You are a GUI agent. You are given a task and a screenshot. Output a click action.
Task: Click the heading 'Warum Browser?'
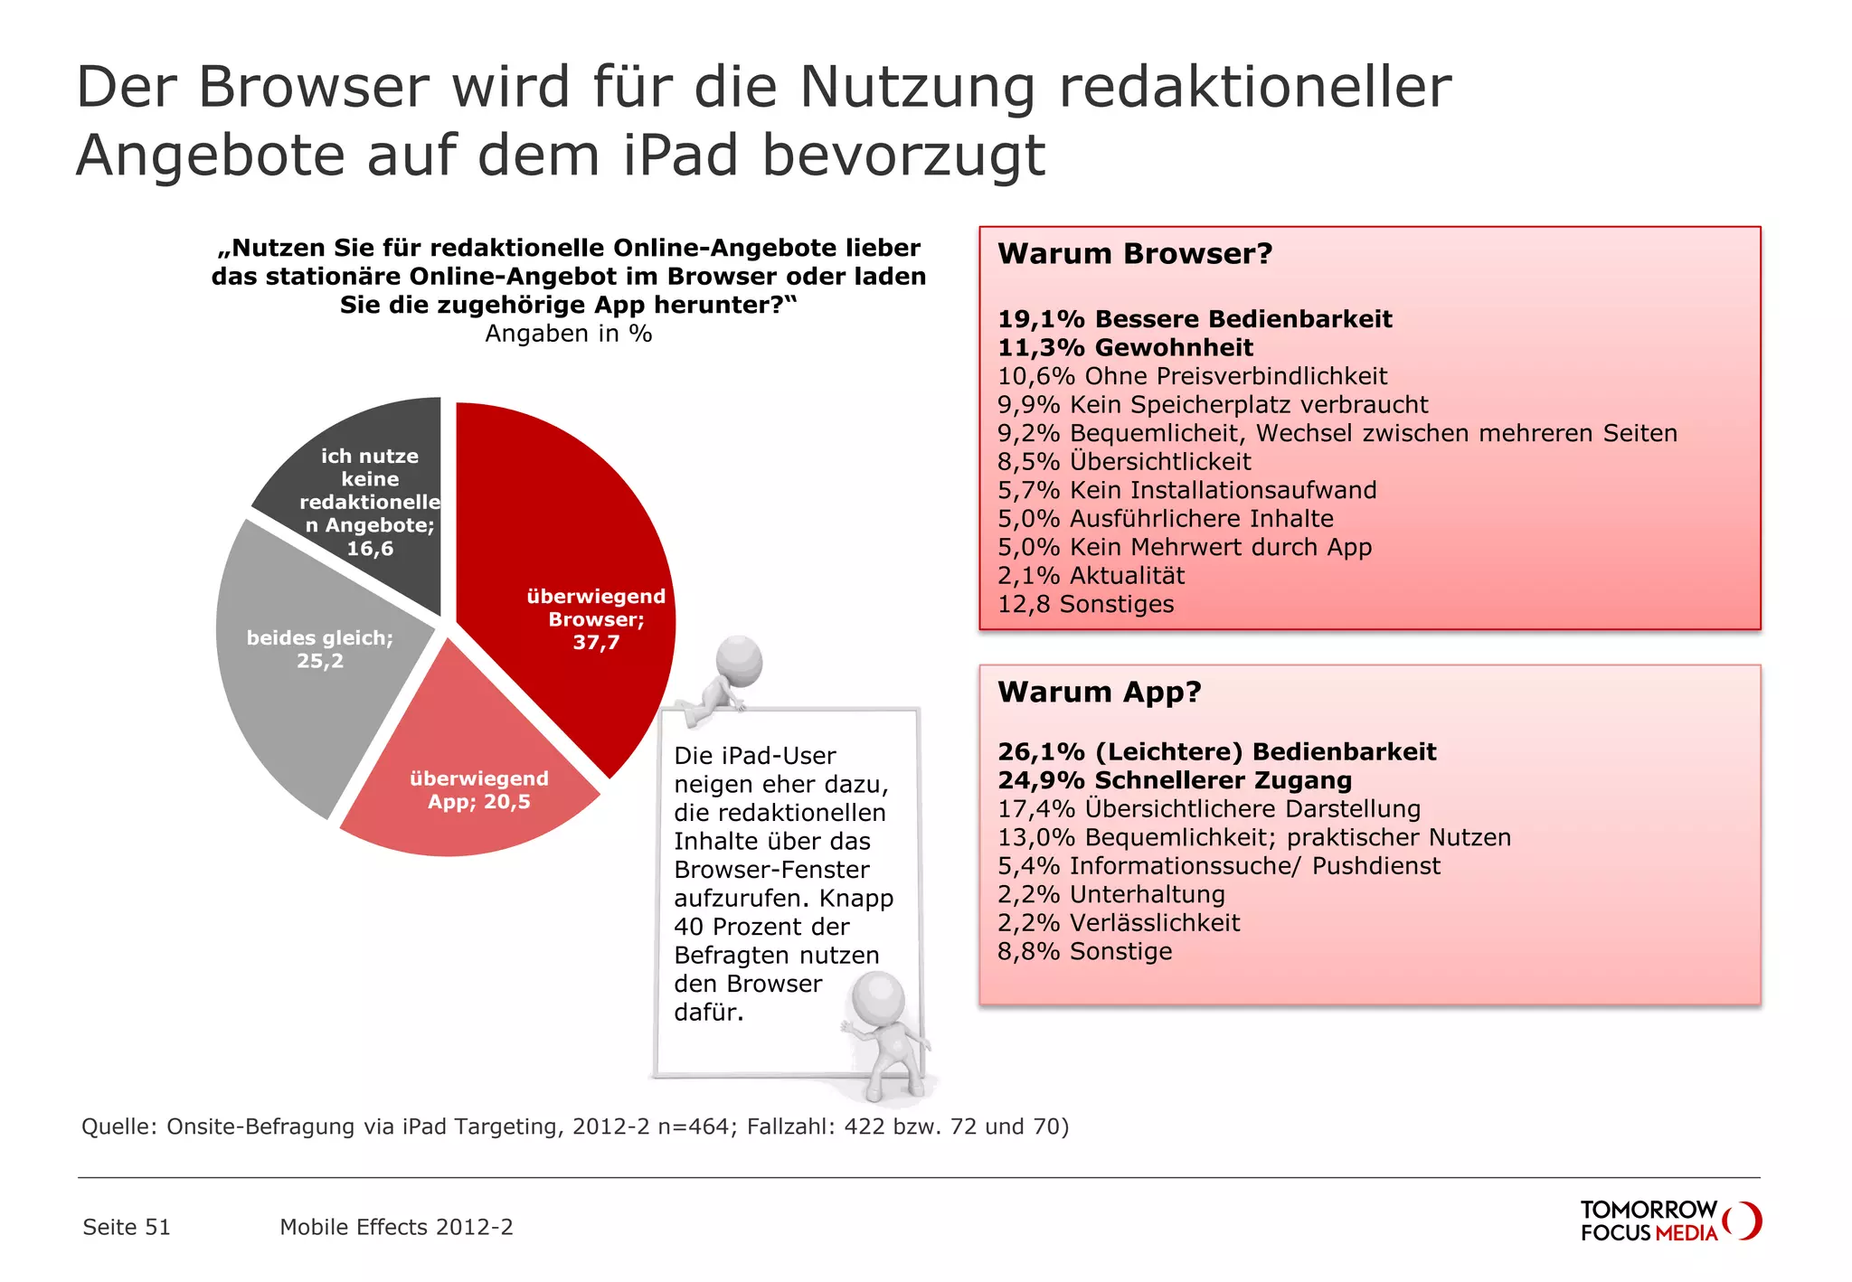pyautogui.click(x=1135, y=254)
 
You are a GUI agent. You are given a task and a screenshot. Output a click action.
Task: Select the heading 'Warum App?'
pyautogui.click(x=1100, y=693)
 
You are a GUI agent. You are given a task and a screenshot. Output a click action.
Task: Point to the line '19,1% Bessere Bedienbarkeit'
pyautogui.click(x=1195, y=319)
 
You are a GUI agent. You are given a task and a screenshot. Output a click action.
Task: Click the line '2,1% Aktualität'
pyautogui.click(x=1091, y=576)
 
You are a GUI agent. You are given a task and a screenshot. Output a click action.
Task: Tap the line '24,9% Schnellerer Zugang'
pyautogui.click(x=1175, y=780)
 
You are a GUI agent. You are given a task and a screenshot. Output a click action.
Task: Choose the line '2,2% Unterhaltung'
pyautogui.click(x=1111, y=894)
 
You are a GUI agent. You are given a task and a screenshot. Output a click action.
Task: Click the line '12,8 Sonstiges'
pyautogui.click(x=1085, y=604)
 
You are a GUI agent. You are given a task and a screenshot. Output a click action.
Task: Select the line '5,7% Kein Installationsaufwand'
pyautogui.click(x=1186, y=490)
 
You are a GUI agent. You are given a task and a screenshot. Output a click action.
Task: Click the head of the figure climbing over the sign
pyautogui.click(x=740, y=661)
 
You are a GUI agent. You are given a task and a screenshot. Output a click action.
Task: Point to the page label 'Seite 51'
pyautogui.click(x=127, y=1227)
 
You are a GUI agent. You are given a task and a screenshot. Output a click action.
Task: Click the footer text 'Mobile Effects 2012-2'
pyautogui.click(x=396, y=1227)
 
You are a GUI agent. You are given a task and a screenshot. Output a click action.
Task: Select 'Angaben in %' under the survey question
pyautogui.click(x=569, y=334)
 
